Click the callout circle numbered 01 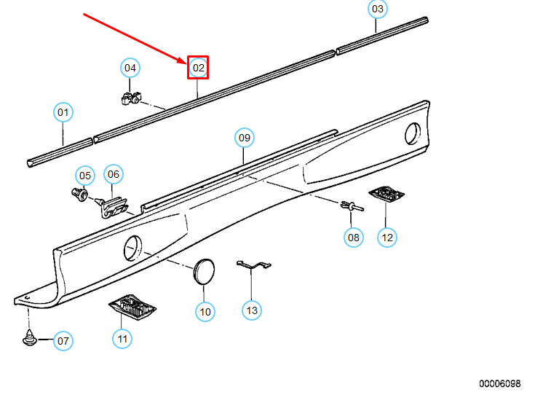click(x=63, y=113)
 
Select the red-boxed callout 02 click(x=199, y=68)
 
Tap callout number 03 click(x=377, y=9)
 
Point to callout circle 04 click(x=130, y=68)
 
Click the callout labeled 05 click(x=86, y=176)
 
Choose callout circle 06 click(x=113, y=174)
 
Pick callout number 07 click(x=63, y=340)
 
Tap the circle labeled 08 click(x=353, y=237)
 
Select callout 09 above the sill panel click(x=244, y=137)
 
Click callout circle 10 click(x=205, y=312)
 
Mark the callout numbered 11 click(x=122, y=339)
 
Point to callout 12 click(x=387, y=237)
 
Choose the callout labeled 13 click(x=251, y=311)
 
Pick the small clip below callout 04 click(x=130, y=98)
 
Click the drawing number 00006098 click(x=499, y=383)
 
